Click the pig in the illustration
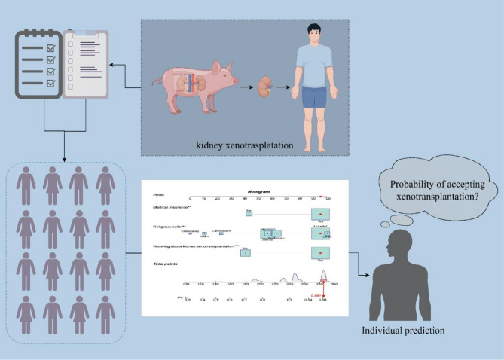[x=198, y=89]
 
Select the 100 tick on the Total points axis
[x=187, y=284]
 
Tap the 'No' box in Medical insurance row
[x=248, y=214]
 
